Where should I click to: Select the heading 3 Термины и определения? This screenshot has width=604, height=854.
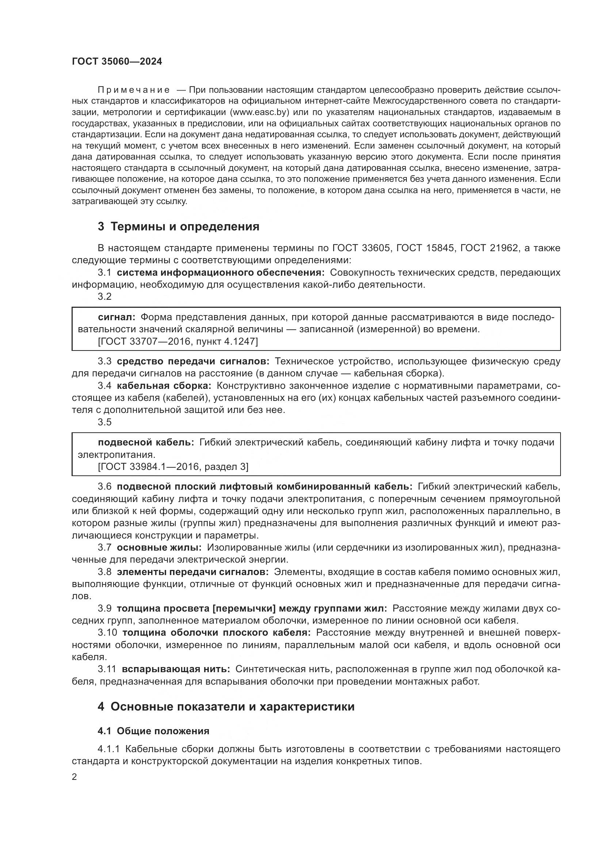click(x=179, y=226)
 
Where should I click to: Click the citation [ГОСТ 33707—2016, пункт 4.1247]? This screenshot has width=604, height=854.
click(x=178, y=341)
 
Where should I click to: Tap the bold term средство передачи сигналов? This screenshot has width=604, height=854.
click(x=193, y=361)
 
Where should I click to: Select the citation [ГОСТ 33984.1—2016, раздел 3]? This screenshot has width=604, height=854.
click(x=173, y=466)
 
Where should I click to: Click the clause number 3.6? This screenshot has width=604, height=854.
click(x=104, y=486)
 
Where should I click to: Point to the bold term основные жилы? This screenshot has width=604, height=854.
click(x=159, y=548)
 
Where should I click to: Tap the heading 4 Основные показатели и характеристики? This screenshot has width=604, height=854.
click(x=226, y=707)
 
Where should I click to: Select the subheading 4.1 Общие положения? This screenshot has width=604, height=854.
click(x=153, y=731)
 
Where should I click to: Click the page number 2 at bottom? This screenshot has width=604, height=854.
click(x=74, y=777)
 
